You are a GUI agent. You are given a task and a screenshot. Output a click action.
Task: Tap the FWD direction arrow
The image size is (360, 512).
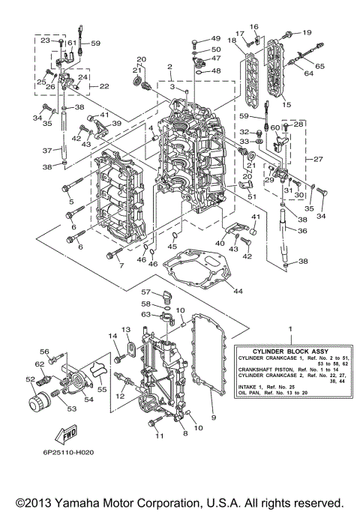pos(67,434)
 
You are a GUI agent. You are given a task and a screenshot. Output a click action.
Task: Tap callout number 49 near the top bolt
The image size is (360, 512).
pos(215,38)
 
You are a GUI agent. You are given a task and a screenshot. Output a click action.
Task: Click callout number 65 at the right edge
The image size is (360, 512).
pos(320,67)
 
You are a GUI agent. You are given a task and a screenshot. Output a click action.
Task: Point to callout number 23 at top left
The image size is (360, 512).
pos(44,40)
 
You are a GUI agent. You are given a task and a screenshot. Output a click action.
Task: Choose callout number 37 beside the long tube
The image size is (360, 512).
pos(46,151)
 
